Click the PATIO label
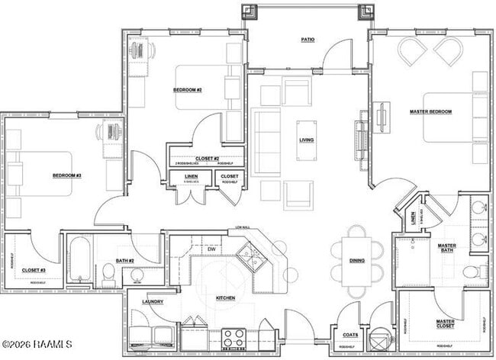coord(308,40)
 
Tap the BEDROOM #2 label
coord(187,90)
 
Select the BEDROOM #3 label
coord(67,176)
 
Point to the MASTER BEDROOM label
coord(430,112)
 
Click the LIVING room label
coord(306,140)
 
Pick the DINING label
coord(357,261)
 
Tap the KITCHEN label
coord(225,297)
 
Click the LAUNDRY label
coord(153,303)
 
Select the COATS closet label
coord(350,334)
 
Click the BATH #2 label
coord(125,262)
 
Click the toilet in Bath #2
coord(108,276)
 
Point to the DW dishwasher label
coord(211,249)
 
